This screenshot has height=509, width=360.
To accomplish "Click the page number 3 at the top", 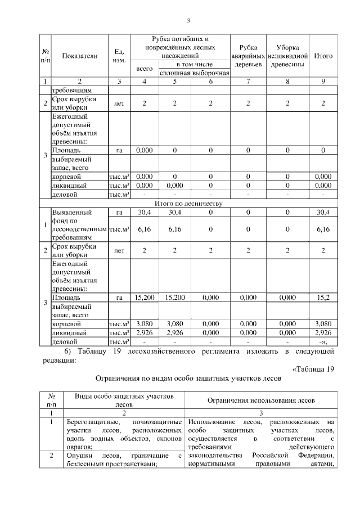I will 188,21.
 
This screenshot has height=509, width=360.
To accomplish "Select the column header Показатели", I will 79,56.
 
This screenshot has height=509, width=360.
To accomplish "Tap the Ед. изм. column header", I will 119,56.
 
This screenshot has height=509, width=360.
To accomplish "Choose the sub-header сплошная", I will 175,73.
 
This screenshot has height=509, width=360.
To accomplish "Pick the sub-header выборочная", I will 210,73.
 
